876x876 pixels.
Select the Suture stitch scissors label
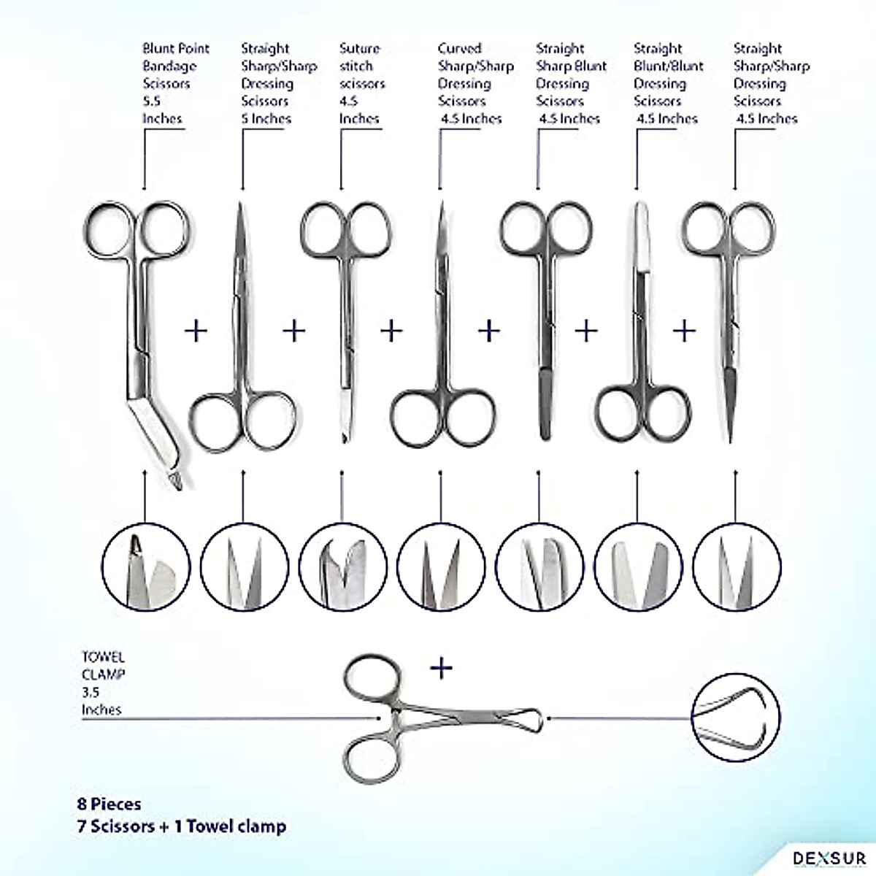pos(360,83)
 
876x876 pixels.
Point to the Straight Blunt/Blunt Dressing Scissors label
pos(667,83)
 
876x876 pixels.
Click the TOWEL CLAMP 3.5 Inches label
pos(103,683)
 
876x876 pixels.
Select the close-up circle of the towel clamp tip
pos(736,718)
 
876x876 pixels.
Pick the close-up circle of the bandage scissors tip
pos(145,567)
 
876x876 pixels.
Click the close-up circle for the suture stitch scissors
pos(342,567)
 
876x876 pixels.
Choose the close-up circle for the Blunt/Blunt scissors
pos(638,567)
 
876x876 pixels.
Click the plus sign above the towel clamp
pos(441,667)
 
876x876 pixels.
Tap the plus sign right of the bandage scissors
pos(196,331)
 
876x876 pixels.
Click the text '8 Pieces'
pos(109,804)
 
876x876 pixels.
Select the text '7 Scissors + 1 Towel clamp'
pos(182,826)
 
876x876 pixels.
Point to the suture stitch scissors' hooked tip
pos(342,436)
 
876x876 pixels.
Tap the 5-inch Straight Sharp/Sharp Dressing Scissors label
pos(277,83)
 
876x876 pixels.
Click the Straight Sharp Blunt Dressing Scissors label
pos(571,83)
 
